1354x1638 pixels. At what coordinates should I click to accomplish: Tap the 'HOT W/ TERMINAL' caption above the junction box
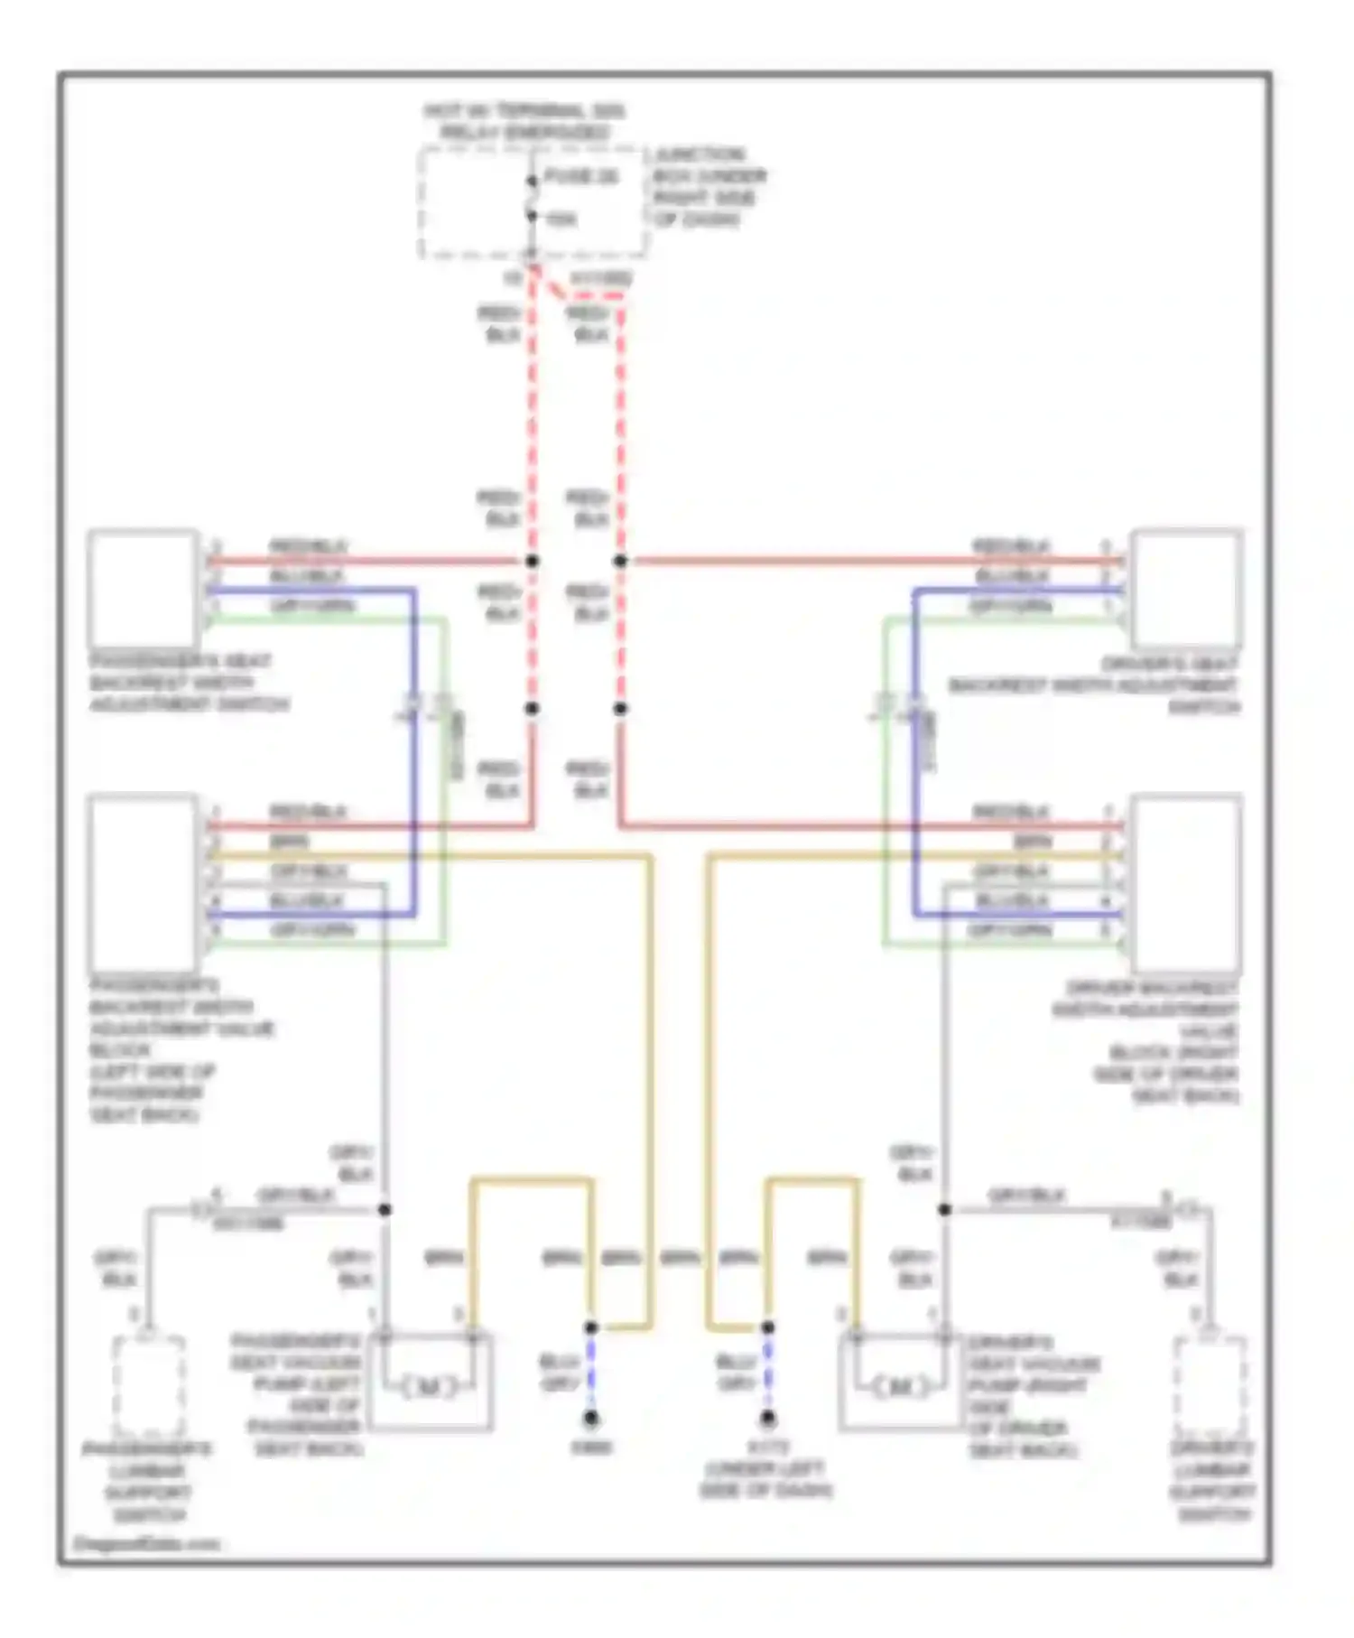(x=524, y=122)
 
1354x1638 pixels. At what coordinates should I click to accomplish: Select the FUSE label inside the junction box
(x=581, y=177)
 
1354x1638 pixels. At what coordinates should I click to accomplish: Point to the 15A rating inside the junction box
(x=561, y=219)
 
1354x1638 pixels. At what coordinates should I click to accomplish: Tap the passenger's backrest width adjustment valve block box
(x=144, y=881)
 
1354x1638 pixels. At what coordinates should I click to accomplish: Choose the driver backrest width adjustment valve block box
(x=1186, y=881)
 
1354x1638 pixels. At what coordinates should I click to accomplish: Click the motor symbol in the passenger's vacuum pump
(x=428, y=1386)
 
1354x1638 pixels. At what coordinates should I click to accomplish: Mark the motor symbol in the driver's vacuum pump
(x=900, y=1386)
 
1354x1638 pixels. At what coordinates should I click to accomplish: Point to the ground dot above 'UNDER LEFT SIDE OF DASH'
(x=767, y=1419)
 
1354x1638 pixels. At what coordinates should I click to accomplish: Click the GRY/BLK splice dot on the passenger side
(x=385, y=1209)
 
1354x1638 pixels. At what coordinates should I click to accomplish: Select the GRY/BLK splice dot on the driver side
(x=944, y=1209)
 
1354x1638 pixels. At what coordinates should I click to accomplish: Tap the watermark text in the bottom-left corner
(x=146, y=1543)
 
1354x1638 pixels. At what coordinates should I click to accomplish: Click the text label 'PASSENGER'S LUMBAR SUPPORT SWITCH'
(x=146, y=1481)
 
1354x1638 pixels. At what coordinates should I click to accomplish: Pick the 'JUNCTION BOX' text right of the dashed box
(x=709, y=187)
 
